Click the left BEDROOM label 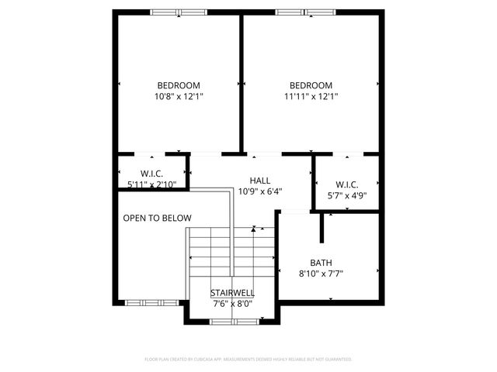point(179,85)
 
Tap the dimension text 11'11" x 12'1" point(311,97)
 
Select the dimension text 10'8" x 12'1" point(179,97)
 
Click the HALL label point(259,180)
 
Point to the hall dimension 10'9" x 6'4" point(259,191)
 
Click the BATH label point(321,262)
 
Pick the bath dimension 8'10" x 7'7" point(321,273)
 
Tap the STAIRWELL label point(232,293)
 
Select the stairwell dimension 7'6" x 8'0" point(232,303)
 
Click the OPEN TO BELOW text point(157,219)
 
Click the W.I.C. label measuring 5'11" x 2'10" point(151,173)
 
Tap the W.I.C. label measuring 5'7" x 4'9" point(346,184)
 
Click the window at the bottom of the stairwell point(231,321)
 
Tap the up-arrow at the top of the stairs point(253,229)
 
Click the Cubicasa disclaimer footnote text point(248,360)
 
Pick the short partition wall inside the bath point(321,227)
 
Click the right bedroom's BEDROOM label point(311,85)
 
